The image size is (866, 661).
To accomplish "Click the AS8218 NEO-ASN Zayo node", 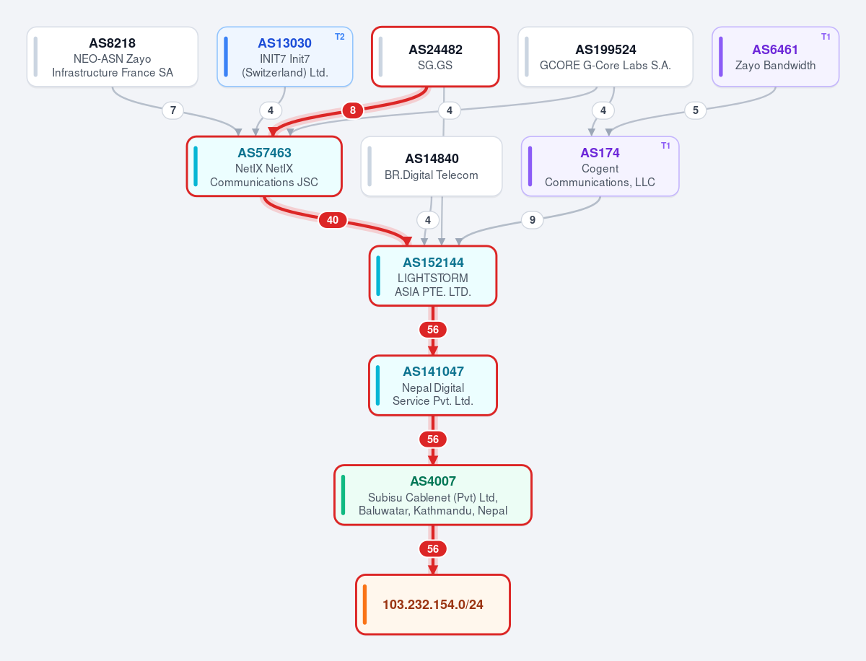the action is pos(113,57).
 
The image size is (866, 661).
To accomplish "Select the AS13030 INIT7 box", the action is pos(285,57).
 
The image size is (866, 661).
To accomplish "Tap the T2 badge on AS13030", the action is pos(340,37).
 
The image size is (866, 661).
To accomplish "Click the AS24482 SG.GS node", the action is pos(435,57).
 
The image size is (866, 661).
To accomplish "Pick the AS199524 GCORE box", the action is pos(605,57).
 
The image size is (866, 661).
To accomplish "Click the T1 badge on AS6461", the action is pos(826,37).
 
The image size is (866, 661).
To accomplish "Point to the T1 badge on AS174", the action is pos(665,146).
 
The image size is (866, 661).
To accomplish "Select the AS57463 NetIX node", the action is pos(264,167).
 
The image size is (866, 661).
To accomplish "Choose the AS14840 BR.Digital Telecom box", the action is pos(432,167).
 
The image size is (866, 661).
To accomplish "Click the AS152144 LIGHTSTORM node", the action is pos(433,276).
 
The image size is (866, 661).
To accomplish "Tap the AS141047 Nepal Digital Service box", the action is pos(433,386).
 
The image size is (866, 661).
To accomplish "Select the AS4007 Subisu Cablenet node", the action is pos(433,495).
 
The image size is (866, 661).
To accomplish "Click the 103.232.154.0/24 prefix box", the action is pos(433,605).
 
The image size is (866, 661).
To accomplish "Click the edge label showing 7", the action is pos(172,110).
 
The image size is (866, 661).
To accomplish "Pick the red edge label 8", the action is pos(353,110).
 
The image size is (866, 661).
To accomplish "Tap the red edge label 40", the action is pos(333,220).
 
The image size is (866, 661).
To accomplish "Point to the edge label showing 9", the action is pos(532,220).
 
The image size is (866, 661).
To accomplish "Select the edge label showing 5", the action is pos(695,110).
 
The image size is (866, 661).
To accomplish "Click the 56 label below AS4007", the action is pos(433,549).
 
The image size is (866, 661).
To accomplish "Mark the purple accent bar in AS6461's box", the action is pos(721,57).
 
